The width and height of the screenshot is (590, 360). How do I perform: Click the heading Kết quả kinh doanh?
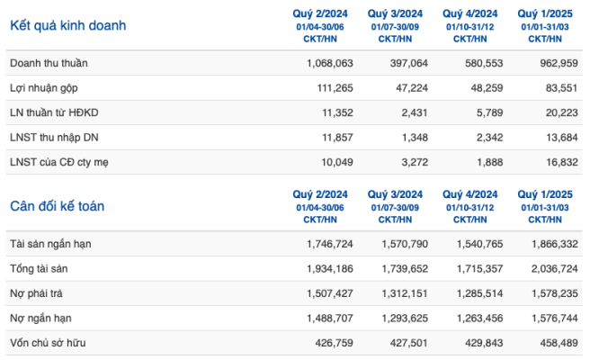(x=68, y=25)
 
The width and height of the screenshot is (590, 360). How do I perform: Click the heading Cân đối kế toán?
(x=58, y=206)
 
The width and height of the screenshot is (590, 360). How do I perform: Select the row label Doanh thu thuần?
(x=49, y=63)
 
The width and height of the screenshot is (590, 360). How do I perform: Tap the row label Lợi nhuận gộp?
(x=44, y=88)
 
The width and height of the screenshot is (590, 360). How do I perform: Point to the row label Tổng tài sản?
(x=39, y=269)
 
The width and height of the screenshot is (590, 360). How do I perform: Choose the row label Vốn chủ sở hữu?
(x=48, y=343)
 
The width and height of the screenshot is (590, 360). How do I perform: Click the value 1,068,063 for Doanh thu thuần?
(x=330, y=63)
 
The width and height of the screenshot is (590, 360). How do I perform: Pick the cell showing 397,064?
(x=409, y=63)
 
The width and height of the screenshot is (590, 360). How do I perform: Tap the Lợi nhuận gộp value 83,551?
(x=562, y=88)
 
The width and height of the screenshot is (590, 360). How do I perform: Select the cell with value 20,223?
(x=562, y=112)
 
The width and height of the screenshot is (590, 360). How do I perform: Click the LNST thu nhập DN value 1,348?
(x=415, y=138)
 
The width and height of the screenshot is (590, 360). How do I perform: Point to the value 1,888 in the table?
(x=490, y=162)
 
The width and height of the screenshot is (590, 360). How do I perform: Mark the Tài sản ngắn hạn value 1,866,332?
(x=555, y=244)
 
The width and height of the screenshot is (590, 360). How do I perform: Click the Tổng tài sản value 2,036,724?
(x=555, y=269)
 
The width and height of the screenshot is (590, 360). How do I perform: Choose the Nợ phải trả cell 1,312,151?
(x=405, y=293)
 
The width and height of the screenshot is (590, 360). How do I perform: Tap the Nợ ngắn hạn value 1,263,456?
(x=480, y=319)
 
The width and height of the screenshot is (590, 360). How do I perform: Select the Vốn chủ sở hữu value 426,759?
(x=335, y=343)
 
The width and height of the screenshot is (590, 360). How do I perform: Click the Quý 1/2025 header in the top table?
(x=545, y=13)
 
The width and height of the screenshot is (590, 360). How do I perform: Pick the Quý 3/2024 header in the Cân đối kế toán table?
(x=395, y=194)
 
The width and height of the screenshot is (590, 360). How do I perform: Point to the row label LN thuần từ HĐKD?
(x=54, y=112)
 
